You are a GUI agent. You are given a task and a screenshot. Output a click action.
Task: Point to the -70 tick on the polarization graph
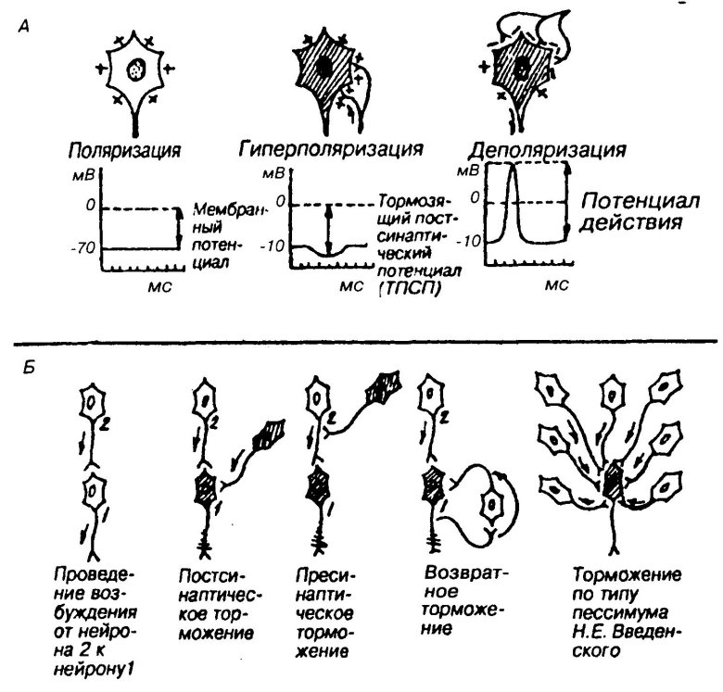click(88, 249)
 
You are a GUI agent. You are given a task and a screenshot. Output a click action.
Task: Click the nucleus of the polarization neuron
click(137, 69)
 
